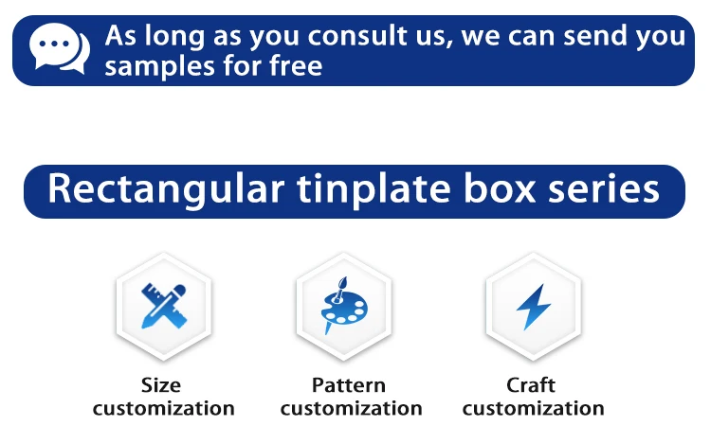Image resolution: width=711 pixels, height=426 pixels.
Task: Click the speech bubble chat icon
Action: (x=59, y=48)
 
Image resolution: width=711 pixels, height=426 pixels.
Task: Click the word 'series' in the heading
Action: (x=604, y=189)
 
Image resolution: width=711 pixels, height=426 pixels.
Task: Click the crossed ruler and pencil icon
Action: (x=164, y=306)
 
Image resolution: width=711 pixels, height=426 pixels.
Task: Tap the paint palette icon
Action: (x=344, y=306)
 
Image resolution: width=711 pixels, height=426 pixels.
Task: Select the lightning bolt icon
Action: (x=533, y=307)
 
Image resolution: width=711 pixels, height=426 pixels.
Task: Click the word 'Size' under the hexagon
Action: (x=161, y=385)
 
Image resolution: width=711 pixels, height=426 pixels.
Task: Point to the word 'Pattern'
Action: (x=349, y=385)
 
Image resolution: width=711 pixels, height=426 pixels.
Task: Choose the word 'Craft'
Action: (x=531, y=385)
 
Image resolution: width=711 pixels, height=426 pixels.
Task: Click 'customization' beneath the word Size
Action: (x=164, y=408)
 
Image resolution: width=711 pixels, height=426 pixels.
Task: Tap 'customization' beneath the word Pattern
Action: (x=352, y=408)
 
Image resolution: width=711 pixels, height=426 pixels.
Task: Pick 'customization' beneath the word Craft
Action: (x=533, y=408)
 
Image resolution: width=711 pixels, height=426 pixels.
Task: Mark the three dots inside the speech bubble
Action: (x=54, y=44)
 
